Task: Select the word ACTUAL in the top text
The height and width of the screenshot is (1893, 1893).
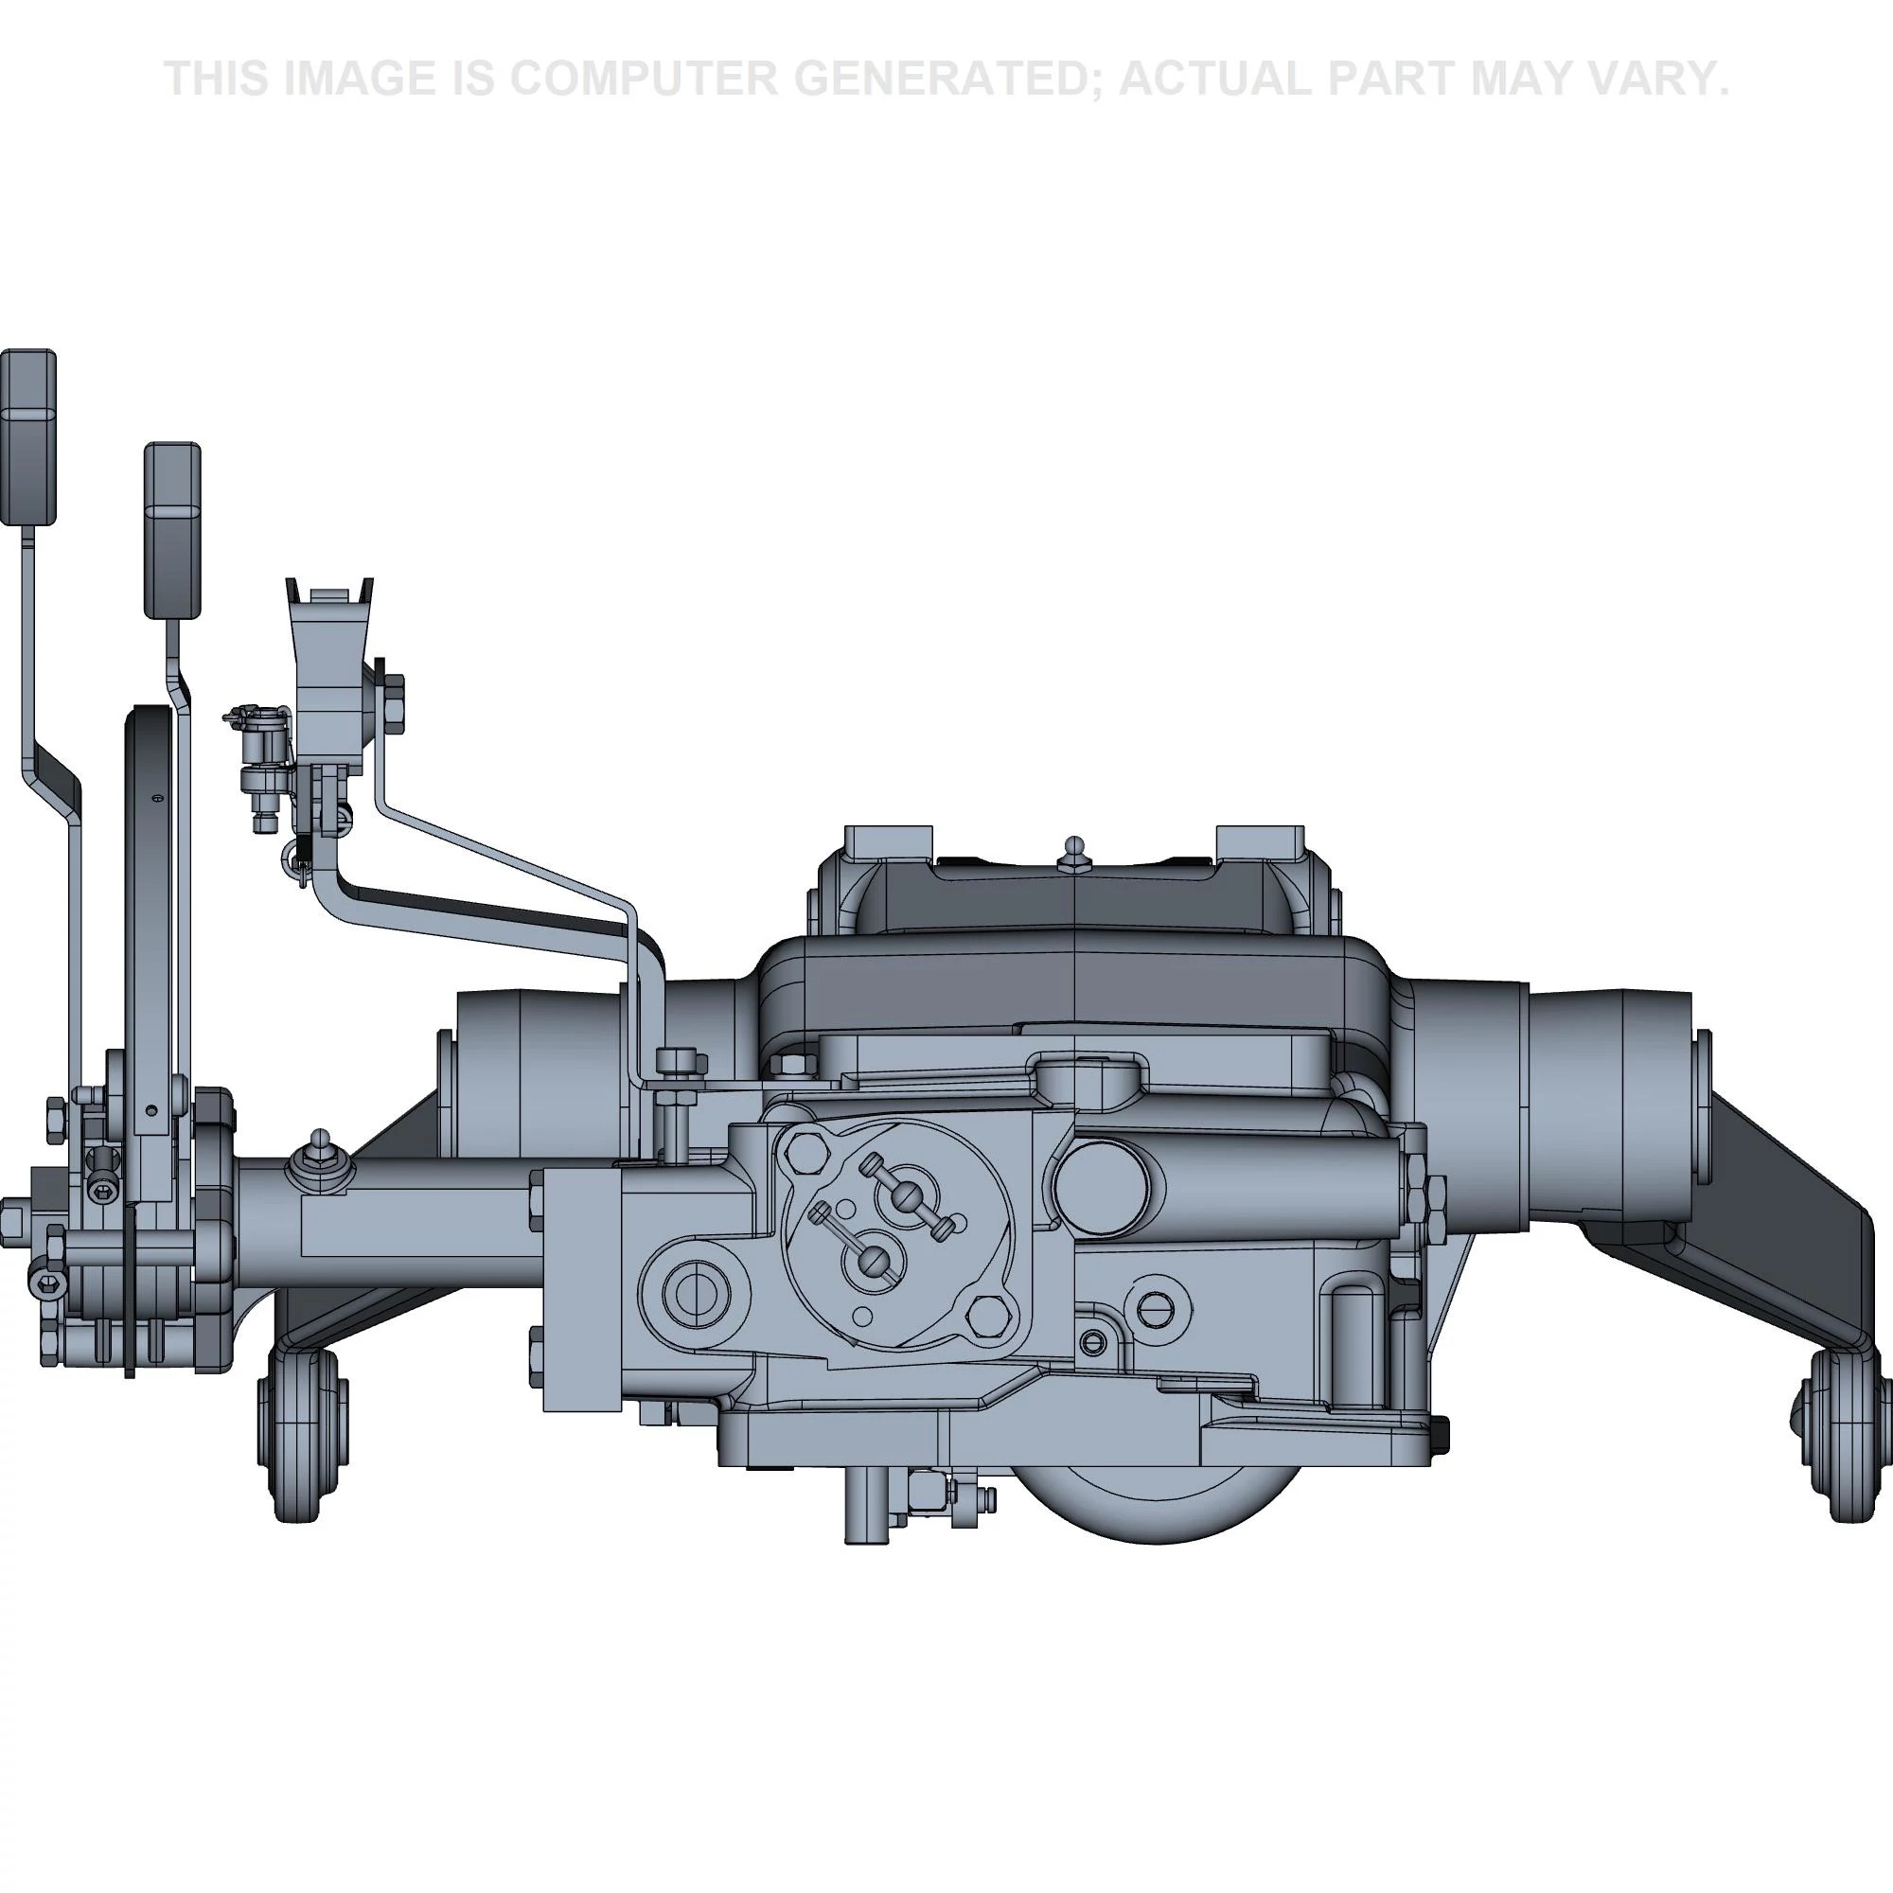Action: click(1220, 79)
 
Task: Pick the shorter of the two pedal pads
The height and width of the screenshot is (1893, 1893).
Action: click(172, 530)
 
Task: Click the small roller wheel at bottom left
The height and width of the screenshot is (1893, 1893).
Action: click(303, 1437)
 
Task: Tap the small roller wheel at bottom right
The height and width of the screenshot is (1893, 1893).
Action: click(1845, 1437)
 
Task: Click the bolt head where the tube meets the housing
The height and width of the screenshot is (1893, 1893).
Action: click(681, 1060)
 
